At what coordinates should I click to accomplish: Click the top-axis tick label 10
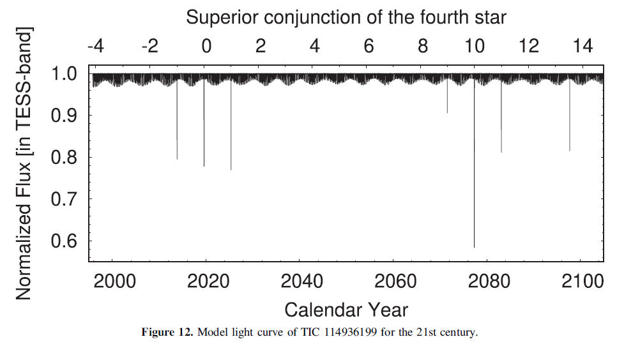pyautogui.click(x=474, y=47)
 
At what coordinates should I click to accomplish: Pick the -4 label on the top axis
pyautogui.click(x=95, y=47)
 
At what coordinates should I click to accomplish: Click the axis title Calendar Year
pyautogui.click(x=346, y=310)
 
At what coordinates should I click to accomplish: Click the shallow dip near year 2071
pyautogui.click(x=447, y=102)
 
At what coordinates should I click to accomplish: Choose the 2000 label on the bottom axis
pyautogui.click(x=115, y=281)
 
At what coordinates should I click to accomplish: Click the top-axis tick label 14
pyautogui.click(x=582, y=47)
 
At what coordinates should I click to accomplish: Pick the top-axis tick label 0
pyautogui.click(x=206, y=47)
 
